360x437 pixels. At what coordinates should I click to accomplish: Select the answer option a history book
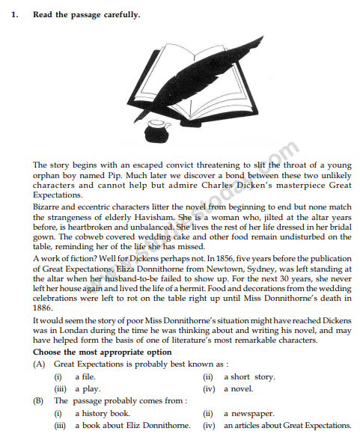[x=102, y=413]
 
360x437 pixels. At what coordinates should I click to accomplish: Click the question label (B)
[x=38, y=401]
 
